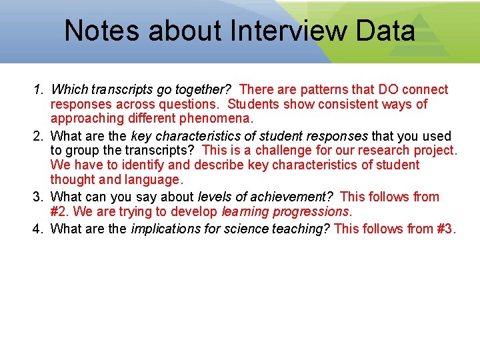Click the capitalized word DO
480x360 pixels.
(390, 89)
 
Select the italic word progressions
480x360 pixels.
(309, 212)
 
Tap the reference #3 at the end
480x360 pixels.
(445, 229)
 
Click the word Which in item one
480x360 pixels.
(68, 89)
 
